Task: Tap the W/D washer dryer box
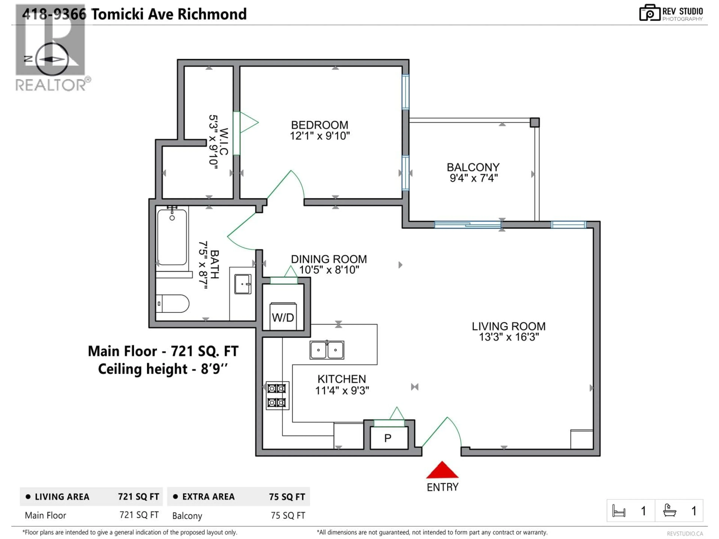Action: pos(283,317)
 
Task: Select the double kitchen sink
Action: pos(327,350)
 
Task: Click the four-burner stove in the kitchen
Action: pos(277,395)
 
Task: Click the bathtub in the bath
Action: pos(172,237)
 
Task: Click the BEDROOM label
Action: pos(319,125)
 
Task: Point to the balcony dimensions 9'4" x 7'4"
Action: pos(474,178)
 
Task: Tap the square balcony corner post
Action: pos(535,122)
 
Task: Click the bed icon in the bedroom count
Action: pos(619,511)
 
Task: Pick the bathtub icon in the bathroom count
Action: pos(670,510)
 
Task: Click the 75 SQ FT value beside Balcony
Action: pos(288,516)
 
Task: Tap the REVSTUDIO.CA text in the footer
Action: pos(685,533)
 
